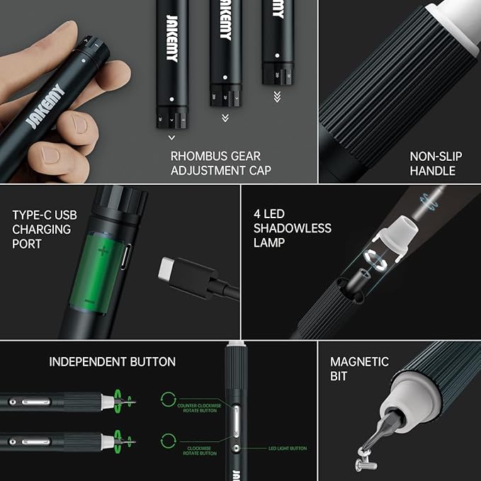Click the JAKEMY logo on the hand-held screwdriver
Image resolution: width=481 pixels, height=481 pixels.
(x=45, y=107)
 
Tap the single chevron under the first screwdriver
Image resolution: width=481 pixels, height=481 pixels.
(x=171, y=137)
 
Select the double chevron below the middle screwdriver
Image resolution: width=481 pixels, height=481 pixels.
(x=225, y=118)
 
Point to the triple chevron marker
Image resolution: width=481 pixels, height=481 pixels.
(x=277, y=97)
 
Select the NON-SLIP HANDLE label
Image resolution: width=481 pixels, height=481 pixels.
(x=432, y=164)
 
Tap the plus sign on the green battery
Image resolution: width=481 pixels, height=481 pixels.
(x=104, y=250)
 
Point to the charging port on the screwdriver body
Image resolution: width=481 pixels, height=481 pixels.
(x=125, y=256)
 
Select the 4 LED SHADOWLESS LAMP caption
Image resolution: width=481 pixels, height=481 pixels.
(x=292, y=227)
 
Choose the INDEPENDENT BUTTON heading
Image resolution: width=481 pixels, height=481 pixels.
(x=112, y=362)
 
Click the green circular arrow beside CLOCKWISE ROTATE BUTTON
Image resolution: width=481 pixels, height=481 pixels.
(x=168, y=440)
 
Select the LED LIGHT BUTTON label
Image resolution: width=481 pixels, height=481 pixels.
(x=287, y=448)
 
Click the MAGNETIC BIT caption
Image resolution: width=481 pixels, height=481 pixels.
(x=359, y=368)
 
